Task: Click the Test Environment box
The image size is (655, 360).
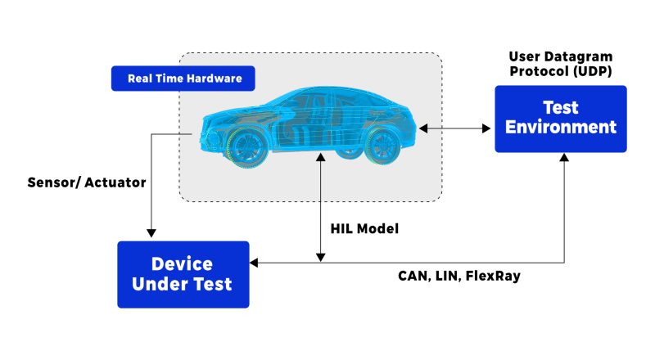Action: [x=560, y=118]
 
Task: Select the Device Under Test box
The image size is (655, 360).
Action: [x=183, y=274]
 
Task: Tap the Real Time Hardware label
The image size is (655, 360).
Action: [x=183, y=79]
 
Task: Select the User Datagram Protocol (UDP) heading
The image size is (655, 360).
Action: [x=561, y=64]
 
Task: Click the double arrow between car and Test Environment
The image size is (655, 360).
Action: [x=455, y=128]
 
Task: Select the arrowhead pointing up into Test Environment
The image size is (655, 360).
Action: [x=563, y=158]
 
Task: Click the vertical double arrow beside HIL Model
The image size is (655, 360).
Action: [x=321, y=209]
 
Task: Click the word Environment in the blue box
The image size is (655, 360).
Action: [x=561, y=128]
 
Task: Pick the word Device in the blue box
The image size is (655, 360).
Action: [x=183, y=264]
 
